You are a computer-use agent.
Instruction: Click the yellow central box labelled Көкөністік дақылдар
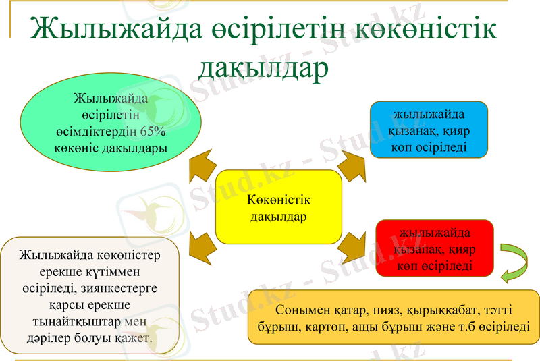tap(279, 207)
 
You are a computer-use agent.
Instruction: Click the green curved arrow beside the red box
tap(517, 263)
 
